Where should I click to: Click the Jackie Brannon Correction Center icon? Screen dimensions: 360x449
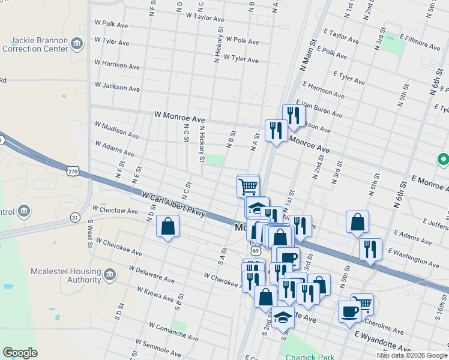[76, 43]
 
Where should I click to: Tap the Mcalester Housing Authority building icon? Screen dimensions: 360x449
[109, 275]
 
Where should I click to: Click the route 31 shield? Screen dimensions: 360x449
[75, 217]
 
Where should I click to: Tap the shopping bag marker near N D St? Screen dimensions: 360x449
[167, 227]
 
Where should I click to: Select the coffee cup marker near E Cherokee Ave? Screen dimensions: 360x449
[349, 311]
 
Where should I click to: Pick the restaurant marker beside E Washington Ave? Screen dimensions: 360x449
[370, 248]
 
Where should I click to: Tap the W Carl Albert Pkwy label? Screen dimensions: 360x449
[173, 204]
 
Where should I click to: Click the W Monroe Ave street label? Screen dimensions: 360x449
[179, 114]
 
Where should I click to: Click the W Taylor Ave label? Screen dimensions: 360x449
[205, 17]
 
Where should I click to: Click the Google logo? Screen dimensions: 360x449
[20, 353]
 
